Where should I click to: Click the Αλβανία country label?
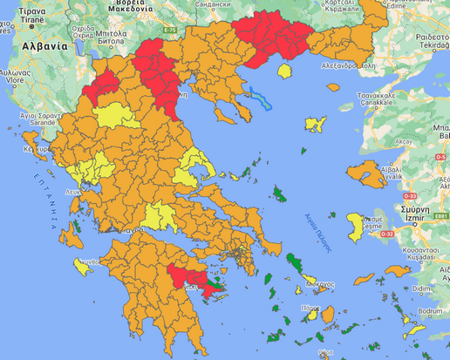[44, 46]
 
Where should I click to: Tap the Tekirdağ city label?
[432, 51]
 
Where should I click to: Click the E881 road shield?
[441, 216]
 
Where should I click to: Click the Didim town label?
[422, 288]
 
